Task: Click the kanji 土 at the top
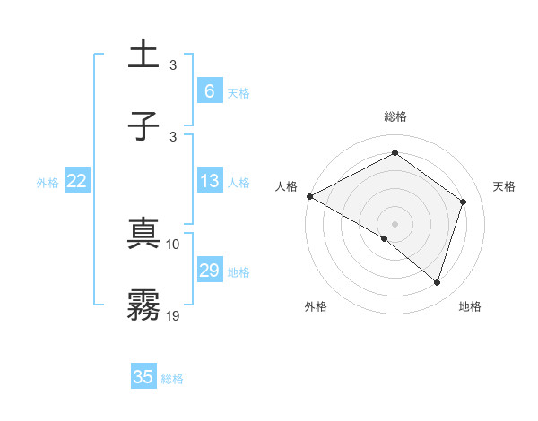click(x=143, y=55)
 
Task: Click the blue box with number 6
click(x=209, y=90)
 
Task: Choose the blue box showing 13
click(x=209, y=181)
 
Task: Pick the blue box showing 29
click(x=209, y=271)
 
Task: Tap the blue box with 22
click(x=77, y=181)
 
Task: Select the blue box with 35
click(x=143, y=376)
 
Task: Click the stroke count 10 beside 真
click(x=173, y=244)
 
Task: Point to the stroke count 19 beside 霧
click(x=173, y=314)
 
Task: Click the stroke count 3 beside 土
click(x=173, y=64)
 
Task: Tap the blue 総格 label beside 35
click(x=172, y=379)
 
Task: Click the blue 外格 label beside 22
click(x=48, y=183)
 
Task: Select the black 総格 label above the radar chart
click(x=395, y=116)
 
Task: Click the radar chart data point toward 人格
click(x=309, y=196)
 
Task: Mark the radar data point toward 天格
click(x=464, y=202)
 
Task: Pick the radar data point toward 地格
click(x=438, y=282)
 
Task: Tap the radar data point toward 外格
click(x=385, y=238)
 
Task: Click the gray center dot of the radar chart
click(x=395, y=223)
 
